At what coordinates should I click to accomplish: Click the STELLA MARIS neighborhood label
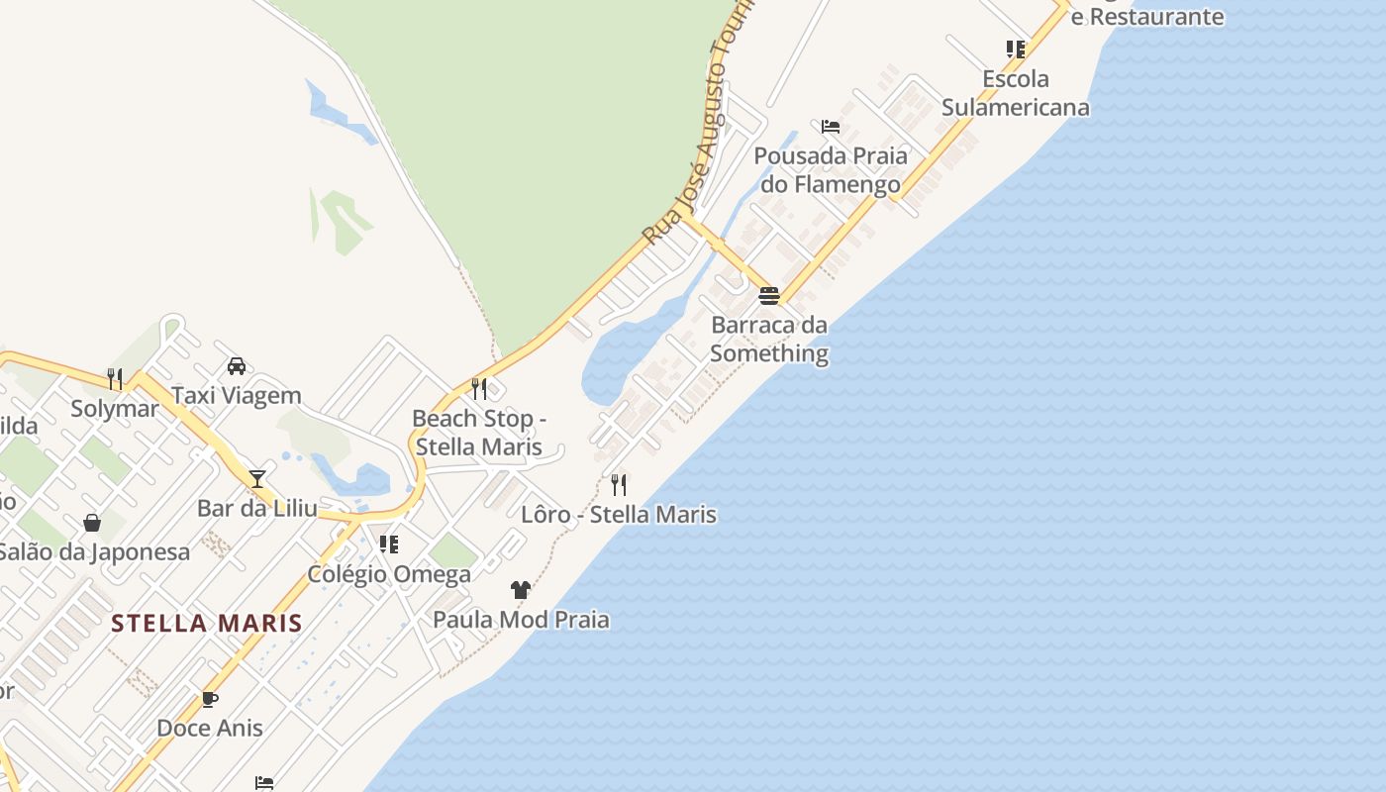(x=206, y=624)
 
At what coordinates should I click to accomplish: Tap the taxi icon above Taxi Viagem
(x=237, y=366)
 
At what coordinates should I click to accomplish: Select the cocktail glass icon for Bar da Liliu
(x=257, y=479)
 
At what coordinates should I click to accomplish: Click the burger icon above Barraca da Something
(x=769, y=295)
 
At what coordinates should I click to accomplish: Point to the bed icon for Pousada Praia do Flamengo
(x=831, y=127)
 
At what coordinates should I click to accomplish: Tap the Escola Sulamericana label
(x=1015, y=93)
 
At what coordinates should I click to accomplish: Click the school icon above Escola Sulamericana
(x=1015, y=49)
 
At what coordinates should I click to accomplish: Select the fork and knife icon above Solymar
(x=115, y=378)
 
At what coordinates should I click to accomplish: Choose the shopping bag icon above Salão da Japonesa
(x=92, y=522)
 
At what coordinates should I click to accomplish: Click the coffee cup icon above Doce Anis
(x=210, y=699)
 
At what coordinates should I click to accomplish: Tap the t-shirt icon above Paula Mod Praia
(x=521, y=590)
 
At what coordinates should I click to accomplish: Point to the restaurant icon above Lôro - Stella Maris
(x=619, y=484)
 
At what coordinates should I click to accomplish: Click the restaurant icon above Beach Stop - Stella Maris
(x=479, y=388)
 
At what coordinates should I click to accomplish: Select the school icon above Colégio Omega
(x=389, y=544)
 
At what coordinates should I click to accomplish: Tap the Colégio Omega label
(x=389, y=574)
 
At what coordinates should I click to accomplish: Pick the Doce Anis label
(x=210, y=729)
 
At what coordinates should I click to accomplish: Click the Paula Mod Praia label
(x=521, y=620)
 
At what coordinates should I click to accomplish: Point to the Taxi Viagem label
(x=237, y=396)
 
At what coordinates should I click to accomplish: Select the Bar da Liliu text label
(x=257, y=509)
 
